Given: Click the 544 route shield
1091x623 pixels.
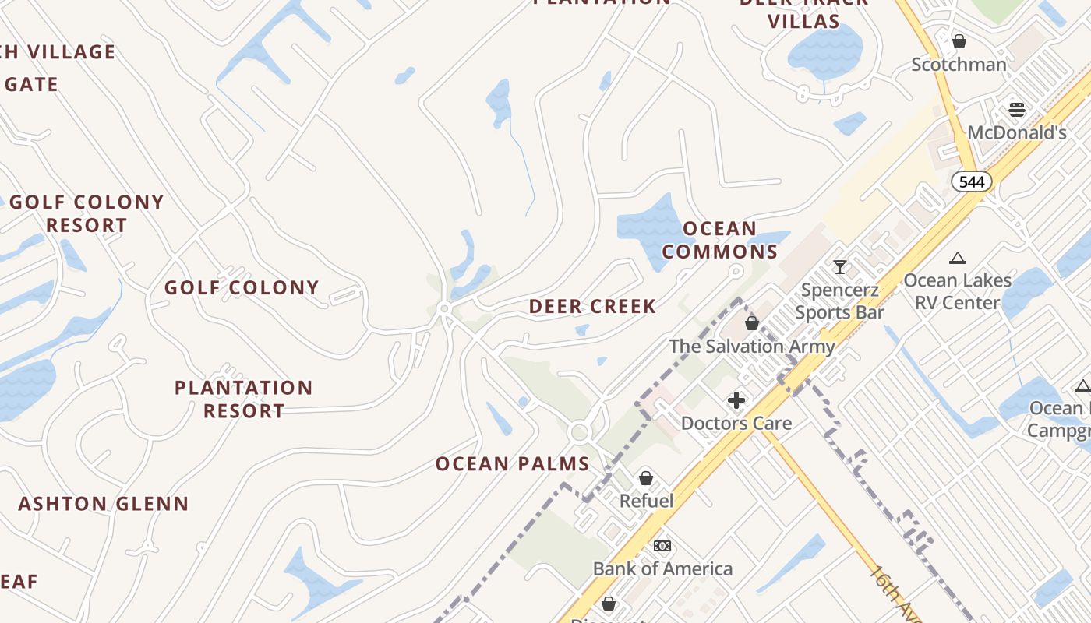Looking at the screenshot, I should [x=972, y=182].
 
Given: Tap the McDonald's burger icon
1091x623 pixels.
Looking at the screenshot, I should [x=1016, y=109].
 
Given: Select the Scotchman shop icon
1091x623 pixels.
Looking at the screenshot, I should [x=959, y=40].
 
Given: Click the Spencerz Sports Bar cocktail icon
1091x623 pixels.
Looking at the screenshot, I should [x=839, y=267].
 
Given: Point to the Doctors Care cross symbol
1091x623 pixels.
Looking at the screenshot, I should [x=736, y=401].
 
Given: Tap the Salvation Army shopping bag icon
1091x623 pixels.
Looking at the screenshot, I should [x=752, y=322].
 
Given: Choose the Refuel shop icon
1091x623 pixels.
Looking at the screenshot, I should [x=645, y=478].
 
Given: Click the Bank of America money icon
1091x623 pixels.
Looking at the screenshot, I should [x=662, y=546].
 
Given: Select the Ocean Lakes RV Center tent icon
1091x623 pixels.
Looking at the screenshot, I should [x=958, y=258].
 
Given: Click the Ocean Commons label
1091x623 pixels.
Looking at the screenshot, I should [x=720, y=240].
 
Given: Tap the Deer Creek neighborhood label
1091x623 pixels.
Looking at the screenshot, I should [x=592, y=307].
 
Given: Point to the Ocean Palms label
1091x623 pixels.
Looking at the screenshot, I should [x=512, y=464].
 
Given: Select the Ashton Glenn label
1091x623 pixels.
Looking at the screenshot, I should [x=104, y=504].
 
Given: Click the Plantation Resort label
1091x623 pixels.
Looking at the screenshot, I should [x=243, y=399].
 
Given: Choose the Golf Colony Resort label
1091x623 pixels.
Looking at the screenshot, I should [x=87, y=213].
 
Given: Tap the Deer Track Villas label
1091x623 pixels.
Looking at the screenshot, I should [x=803, y=12].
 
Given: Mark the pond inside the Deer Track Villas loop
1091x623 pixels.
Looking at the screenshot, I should [x=824, y=50].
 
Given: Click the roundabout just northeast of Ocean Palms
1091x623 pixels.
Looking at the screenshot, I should [x=578, y=432].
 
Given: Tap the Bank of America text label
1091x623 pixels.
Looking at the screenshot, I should [x=662, y=569].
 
